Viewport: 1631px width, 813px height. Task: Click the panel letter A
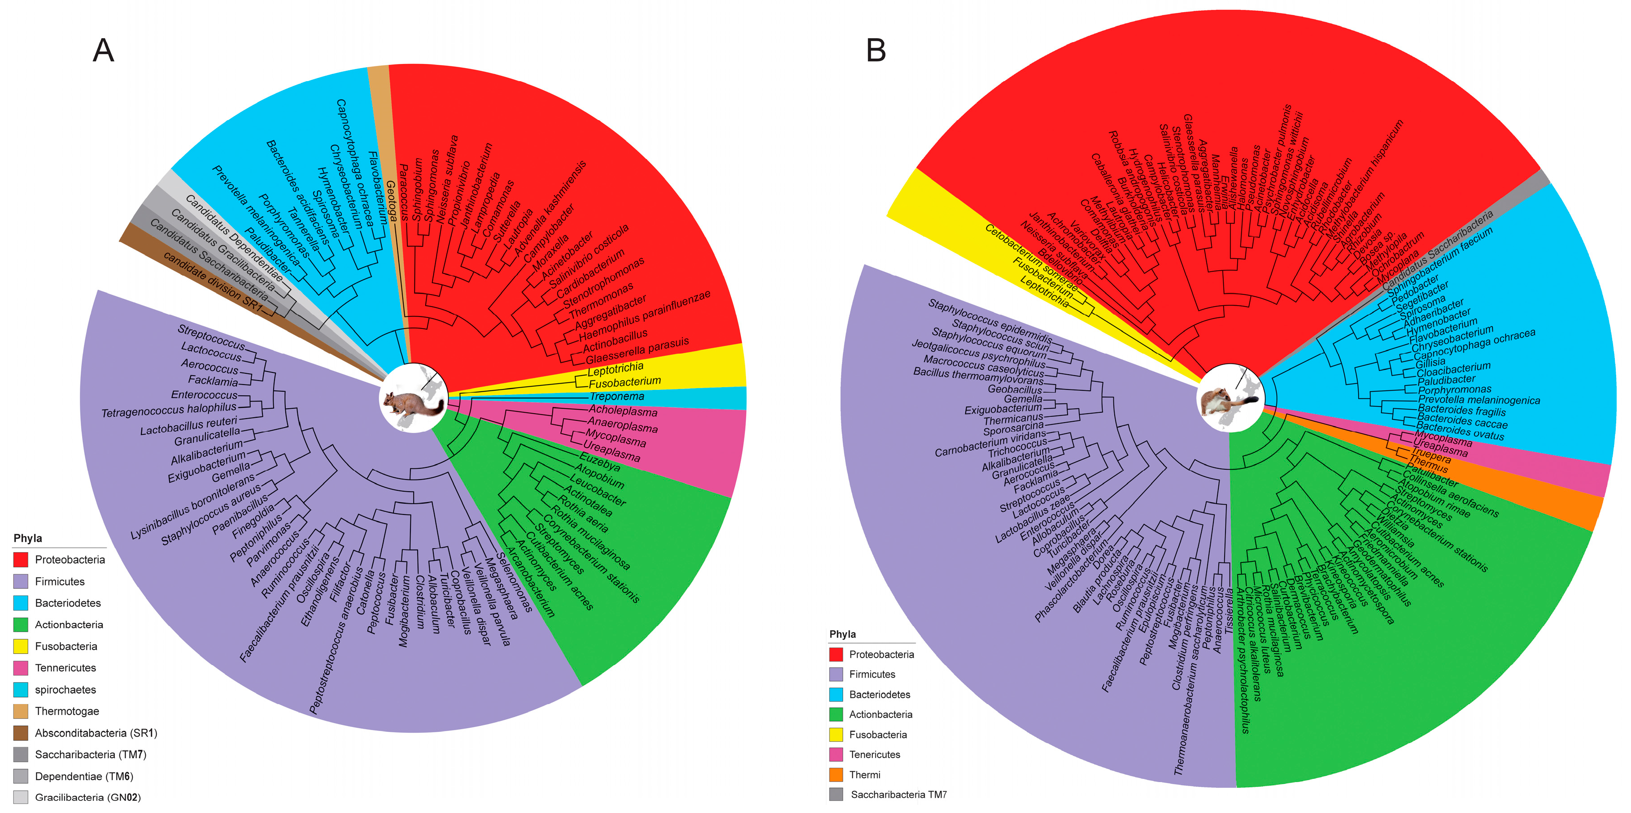(103, 50)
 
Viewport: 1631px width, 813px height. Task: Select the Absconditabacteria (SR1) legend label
(96, 733)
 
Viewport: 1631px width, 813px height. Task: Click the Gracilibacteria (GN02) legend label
(87, 797)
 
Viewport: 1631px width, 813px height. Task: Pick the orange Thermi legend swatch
(836, 774)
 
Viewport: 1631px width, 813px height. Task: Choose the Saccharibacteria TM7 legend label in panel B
(898, 795)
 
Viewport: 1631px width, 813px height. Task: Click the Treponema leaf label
(617, 397)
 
